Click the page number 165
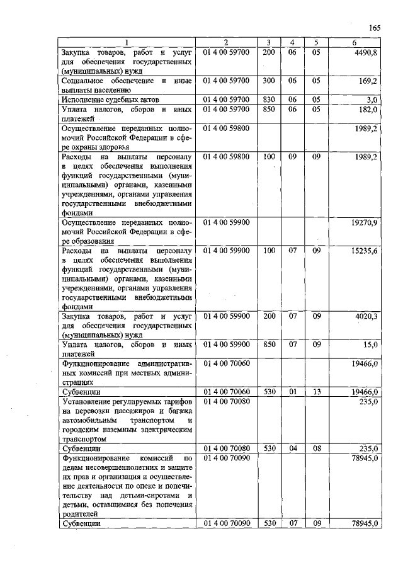click(375, 28)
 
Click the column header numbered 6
click(356, 42)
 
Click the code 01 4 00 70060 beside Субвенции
click(227, 392)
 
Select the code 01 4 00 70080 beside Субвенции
click(227, 448)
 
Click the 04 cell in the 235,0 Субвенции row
click(292, 448)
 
